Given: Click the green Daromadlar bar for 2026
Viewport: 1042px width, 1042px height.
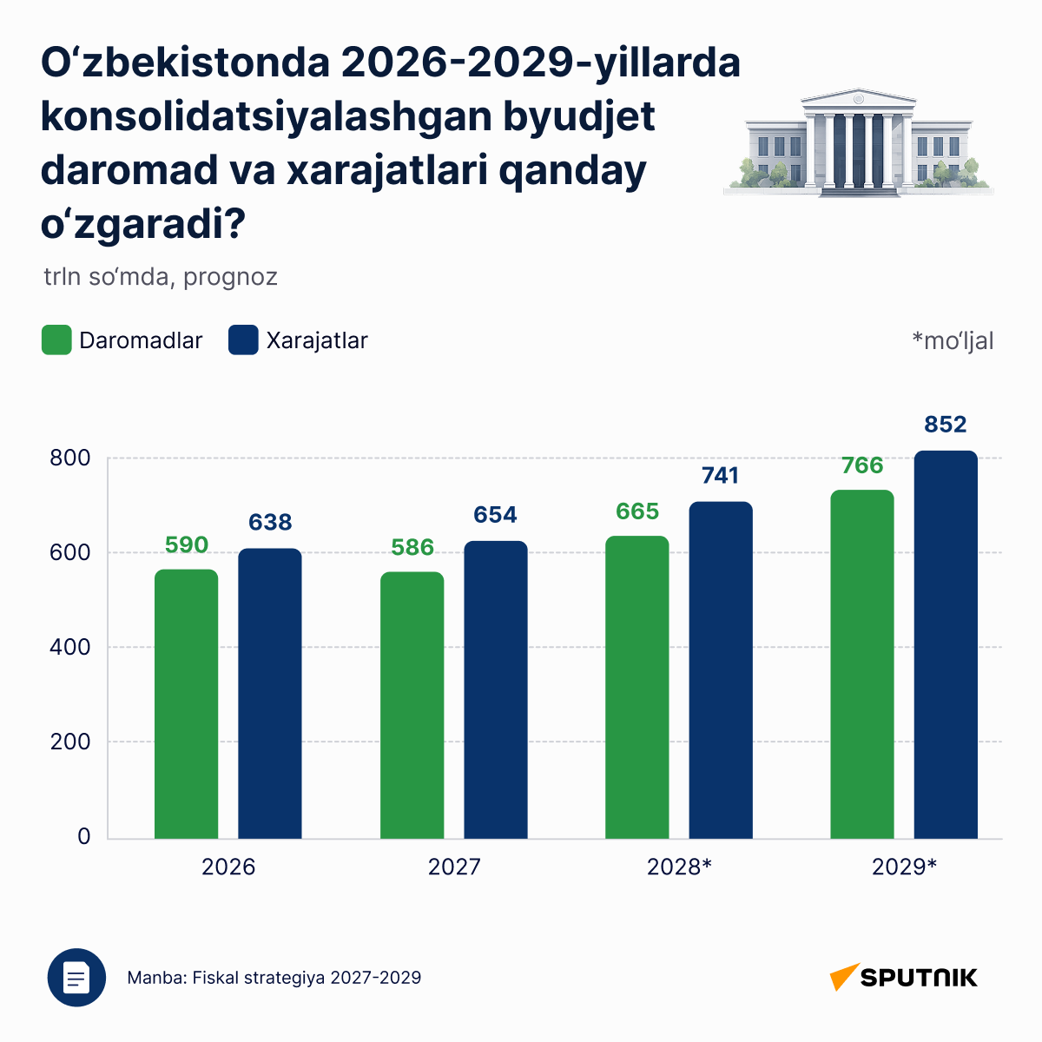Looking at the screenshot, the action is (186, 703).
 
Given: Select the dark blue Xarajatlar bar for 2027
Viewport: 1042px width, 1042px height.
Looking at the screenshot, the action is (495, 689).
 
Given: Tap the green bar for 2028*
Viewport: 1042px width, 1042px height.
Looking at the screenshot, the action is (637, 687).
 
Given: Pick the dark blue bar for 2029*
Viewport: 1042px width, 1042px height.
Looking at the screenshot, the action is (946, 644).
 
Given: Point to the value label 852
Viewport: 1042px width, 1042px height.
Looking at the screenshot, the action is (946, 424).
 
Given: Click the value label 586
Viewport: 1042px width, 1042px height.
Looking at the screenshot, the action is (412, 547).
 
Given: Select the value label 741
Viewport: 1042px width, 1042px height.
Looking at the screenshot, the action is (720, 475).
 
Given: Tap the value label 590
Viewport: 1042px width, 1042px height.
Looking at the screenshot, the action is (187, 544).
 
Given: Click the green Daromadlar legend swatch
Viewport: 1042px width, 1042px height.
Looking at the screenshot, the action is (56, 340).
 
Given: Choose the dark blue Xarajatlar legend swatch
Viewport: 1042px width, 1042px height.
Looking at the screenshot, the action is (243, 340).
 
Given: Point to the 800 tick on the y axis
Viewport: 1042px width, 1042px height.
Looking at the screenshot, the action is (69, 458).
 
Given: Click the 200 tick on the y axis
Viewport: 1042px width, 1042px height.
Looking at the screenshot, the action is (69, 742).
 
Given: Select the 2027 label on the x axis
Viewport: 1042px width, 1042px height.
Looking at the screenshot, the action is (454, 867).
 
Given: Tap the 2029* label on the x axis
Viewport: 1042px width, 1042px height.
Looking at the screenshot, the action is (904, 867).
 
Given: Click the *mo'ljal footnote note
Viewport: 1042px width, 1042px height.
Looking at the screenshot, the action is (953, 341).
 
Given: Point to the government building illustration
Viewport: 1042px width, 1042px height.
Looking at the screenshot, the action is (859, 142).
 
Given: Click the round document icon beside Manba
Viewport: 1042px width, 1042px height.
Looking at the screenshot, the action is (76, 978).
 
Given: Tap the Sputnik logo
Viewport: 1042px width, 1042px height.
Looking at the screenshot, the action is (904, 977).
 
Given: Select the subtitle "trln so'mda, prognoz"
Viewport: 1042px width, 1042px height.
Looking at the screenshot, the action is (161, 277).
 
